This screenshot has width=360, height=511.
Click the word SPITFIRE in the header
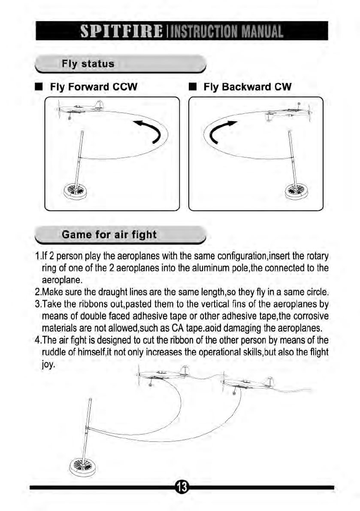coord(120,31)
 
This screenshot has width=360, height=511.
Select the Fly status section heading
coord(88,64)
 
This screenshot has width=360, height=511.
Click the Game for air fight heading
coord(109,235)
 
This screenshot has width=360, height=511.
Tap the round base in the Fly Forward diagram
coord(75,189)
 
